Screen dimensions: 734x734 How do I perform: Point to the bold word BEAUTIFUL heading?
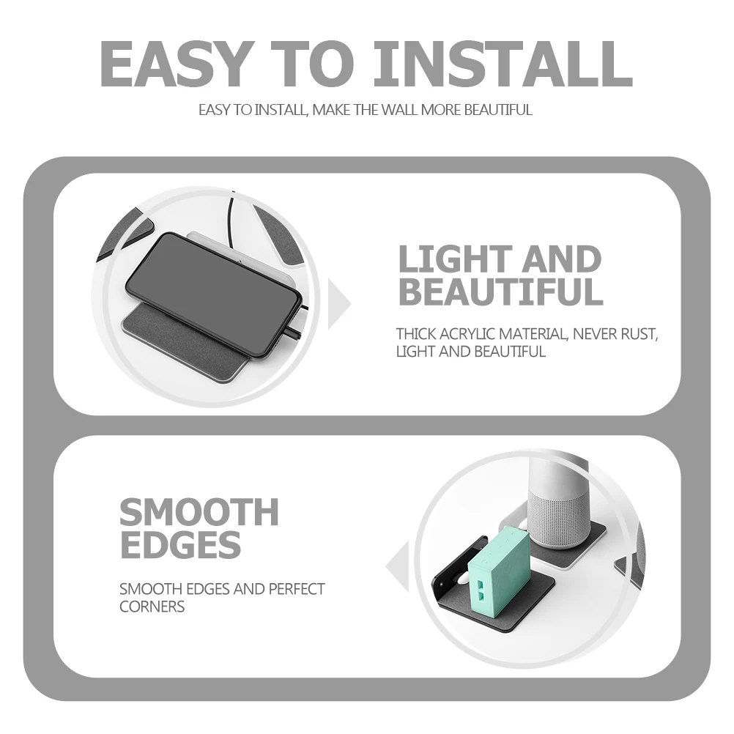point(500,292)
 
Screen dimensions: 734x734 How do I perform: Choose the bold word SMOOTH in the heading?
point(199,512)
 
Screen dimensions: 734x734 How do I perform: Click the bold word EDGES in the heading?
point(180,544)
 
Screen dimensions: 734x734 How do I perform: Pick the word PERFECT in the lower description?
point(297,589)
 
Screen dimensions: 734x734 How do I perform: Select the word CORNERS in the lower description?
point(152,607)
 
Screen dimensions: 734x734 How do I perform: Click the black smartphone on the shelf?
point(212,293)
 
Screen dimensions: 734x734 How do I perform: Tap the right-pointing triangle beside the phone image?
point(338,303)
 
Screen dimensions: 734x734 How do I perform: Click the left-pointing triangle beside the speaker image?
point(398,567)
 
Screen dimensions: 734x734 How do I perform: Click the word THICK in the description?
point(416,334)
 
